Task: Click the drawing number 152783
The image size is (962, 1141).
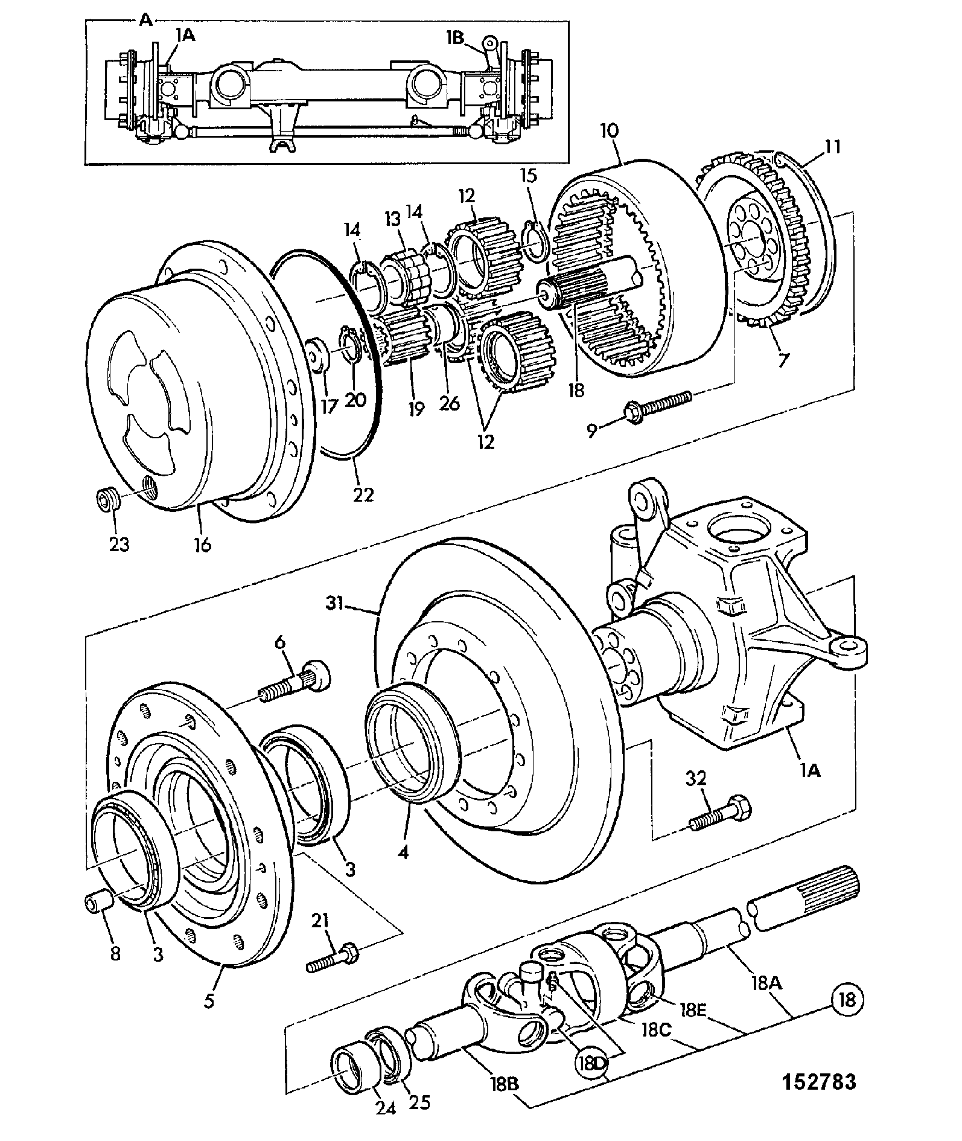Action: [820, 1081]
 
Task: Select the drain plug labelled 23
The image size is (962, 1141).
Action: [109, 500]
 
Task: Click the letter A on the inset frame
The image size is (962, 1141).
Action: [145, 20]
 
